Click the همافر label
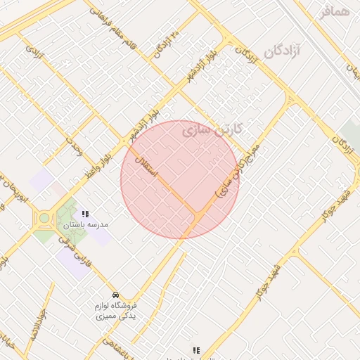coord(335,11)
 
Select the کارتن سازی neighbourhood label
coord(212,129)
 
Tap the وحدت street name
coord(74,146)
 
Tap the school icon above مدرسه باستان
coord(85,214)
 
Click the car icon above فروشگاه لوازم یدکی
coord(115,294)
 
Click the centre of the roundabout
coord(45,218)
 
